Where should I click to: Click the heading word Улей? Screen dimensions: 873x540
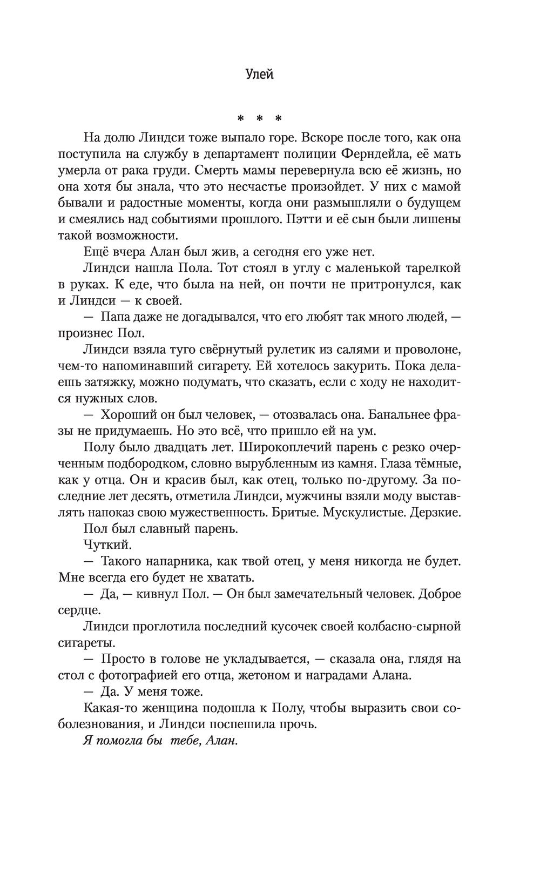(259, 75)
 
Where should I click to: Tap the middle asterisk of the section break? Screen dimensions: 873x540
(260, 118)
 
